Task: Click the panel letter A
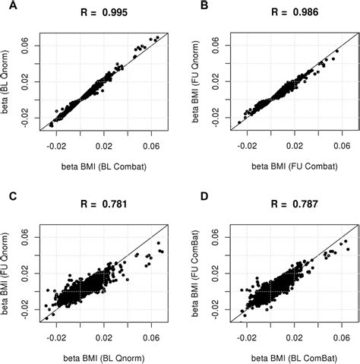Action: pyautogui.click(x=7, y=9)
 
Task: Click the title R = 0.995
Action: pyautogui.click(x=103, y=13)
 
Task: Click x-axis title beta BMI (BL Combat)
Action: pyautogui.click(x=103, y=163)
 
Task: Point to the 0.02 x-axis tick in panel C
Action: pyautogui.click(x=103, y=336)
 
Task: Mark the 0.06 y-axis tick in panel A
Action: pyautogui.click(x=36, y=45)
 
